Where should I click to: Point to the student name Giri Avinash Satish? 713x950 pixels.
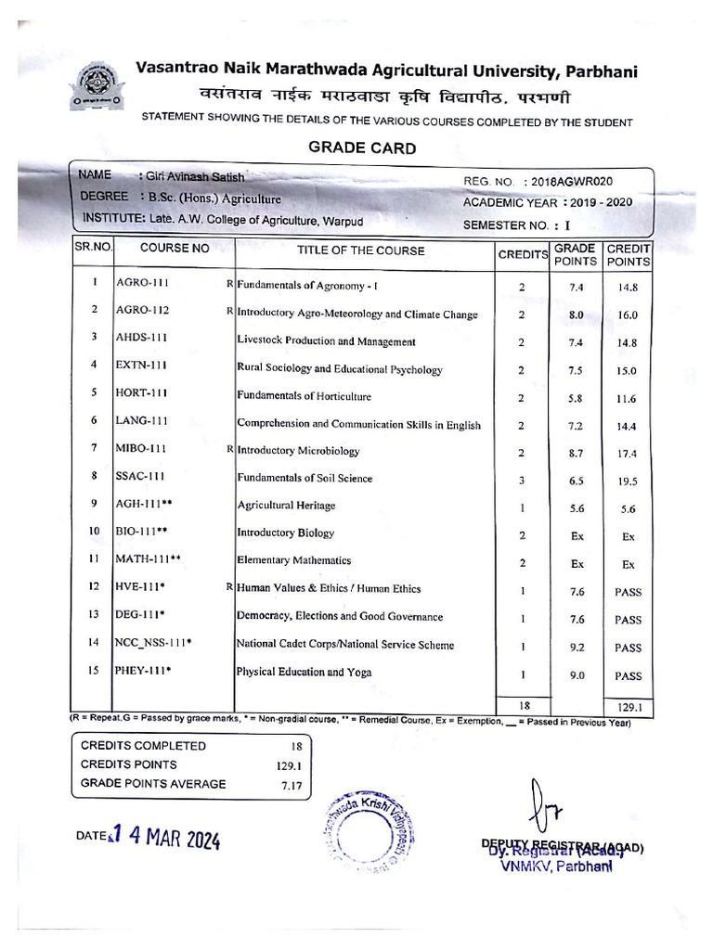pyautogui.click(x=196, y=176)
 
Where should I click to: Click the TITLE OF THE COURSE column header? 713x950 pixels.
pyautogui.click(x=361, y=250)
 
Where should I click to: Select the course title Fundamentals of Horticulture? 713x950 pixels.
pyautogui.click(x=304, y=396)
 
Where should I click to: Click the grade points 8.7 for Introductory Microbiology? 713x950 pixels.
pyautogui.click(x=576, y=453)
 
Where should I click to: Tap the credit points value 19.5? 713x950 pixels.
pyautogui.click(x=628, y=481)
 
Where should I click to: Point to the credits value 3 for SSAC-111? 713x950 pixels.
pyautogui.click(x=522, y=480)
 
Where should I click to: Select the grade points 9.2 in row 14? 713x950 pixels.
pyautogui.click(x=576, y=647)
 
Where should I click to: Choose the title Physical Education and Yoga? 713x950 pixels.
pyautogui.click(x=304, y=672)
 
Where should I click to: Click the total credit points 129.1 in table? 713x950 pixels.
pyautogui.click(x=629, y=707)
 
